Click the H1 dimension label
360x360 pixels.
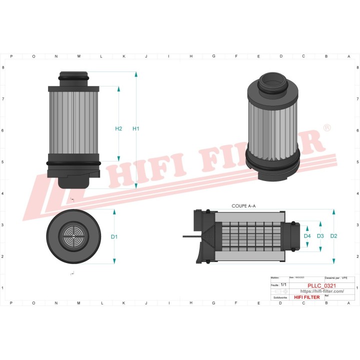pos(135,129)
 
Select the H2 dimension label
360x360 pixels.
pos(118,129)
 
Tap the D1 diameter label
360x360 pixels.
pos(114,236)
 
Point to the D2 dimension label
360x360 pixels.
pos(334,236)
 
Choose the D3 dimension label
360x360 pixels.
pos(320,236)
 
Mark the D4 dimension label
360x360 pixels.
pos(307,236)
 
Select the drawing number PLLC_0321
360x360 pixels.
pos(321,286)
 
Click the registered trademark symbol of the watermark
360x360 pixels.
pos(327,128)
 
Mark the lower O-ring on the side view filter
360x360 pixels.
pos(73,163)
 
